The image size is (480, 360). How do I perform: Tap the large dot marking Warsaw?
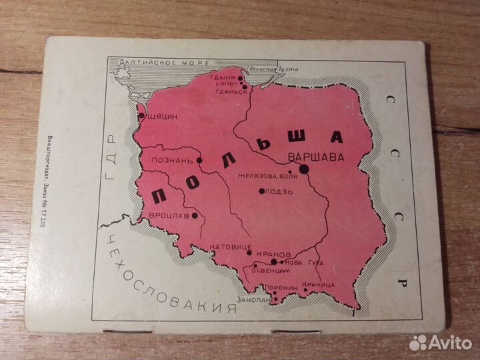304,169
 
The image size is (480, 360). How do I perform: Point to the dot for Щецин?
141,115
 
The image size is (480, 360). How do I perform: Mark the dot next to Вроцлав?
195,215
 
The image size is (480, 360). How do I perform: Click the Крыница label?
317,285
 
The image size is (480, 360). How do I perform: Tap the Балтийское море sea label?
157,64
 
